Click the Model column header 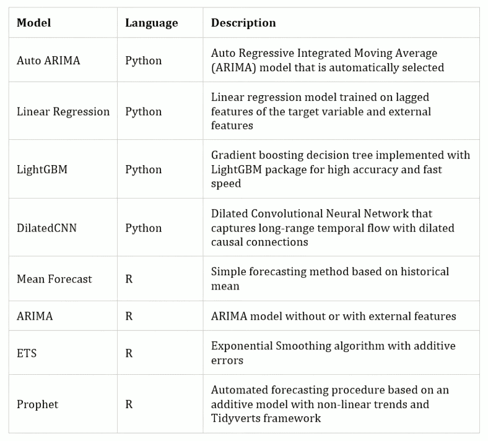33,23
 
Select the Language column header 152,24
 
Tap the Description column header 243,23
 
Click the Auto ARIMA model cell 48,60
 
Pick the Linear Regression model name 63,111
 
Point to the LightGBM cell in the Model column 42,169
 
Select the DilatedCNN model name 46,228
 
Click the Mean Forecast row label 54,279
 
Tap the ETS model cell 27,353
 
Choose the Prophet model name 37,405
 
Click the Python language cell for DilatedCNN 144,228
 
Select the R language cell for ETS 129,353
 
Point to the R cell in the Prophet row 129,404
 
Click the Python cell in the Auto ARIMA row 144,61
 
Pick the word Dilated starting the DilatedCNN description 229,213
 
